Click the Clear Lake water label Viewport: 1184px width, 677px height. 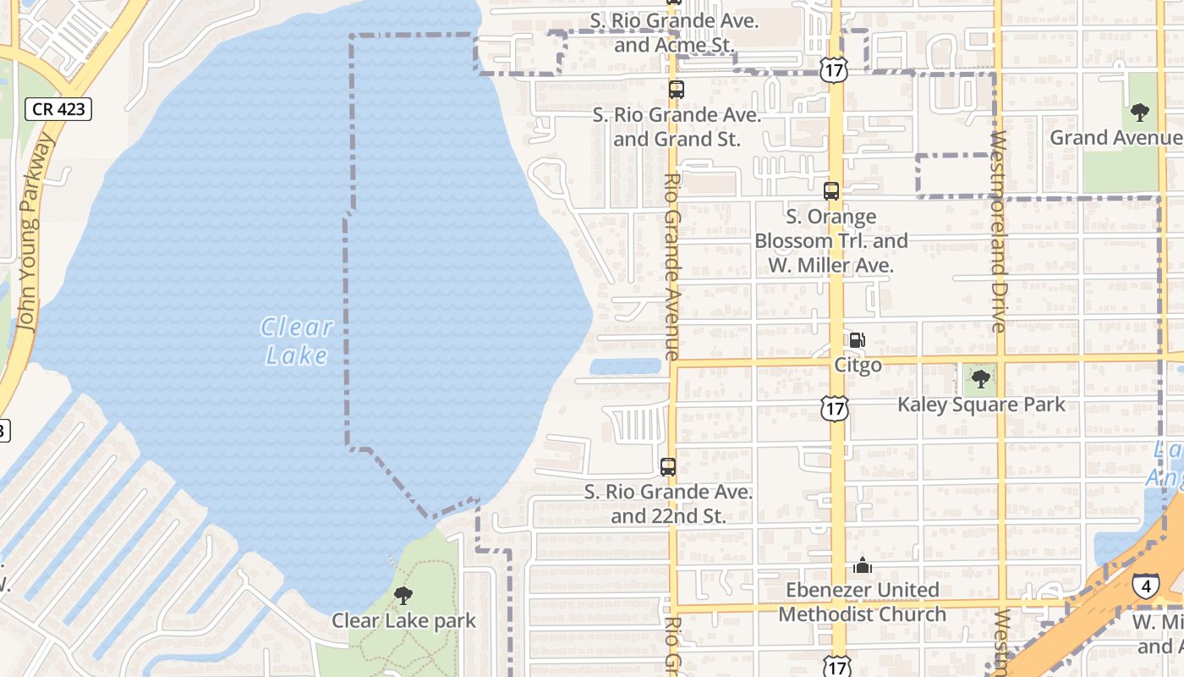pos(297,341)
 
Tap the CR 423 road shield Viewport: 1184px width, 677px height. pos(57,108)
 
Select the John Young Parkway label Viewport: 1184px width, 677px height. pos(32,233)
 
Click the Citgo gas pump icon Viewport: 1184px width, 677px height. pos(857,340)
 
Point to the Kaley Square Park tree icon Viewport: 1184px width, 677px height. pos(981,378)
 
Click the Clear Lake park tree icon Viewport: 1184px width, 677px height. pos(403,596)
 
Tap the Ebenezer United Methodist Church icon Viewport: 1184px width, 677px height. pos(862,565)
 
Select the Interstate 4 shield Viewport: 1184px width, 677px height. pos(1146,585)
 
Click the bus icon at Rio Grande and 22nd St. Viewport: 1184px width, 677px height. pos(668,466)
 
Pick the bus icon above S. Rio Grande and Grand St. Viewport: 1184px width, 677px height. pos(676,89)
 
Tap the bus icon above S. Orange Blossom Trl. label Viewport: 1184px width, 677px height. pos(831,191)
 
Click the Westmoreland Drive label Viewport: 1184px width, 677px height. pos(998,230)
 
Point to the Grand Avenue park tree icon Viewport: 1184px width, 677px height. pos(1140,112)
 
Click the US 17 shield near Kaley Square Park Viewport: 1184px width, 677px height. pos(835,410)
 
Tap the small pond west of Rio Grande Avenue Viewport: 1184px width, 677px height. pos(625,366)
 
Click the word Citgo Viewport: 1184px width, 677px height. pos(858,366)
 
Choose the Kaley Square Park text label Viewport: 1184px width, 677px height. pos(981,405)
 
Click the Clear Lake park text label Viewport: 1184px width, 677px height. pos(403,620)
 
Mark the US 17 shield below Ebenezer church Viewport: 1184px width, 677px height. pos(837,666)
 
